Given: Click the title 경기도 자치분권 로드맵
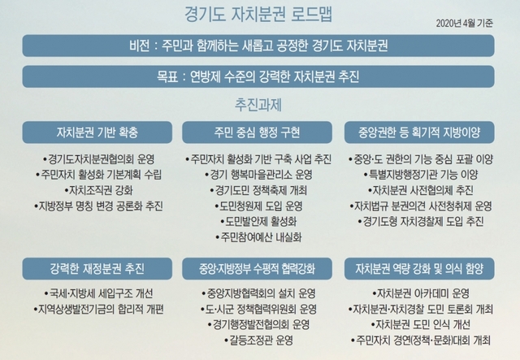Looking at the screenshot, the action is pos(258,15).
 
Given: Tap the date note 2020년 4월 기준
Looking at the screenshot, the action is pos(464,24).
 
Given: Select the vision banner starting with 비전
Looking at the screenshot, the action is pos(258,46).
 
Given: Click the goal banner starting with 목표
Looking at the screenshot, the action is pos(258,76).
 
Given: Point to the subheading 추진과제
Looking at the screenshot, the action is pos(258,105).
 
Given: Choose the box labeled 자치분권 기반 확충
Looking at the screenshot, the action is pos(97,132).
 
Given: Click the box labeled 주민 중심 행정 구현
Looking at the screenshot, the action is pos(257,132).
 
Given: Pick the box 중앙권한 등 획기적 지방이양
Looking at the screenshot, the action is pos(419,132).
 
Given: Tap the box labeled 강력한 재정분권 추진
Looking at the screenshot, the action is pos(97,268).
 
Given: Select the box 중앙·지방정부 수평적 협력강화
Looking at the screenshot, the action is pos(257,268).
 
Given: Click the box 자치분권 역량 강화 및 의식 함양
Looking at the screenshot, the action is pos(419,268).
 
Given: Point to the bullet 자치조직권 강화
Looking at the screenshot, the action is pos(98,190).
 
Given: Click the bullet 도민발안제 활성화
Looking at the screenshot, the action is pos(258,222).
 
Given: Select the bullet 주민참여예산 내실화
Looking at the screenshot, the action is pos(258,237).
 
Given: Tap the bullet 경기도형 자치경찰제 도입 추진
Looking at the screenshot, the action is pos(421,222).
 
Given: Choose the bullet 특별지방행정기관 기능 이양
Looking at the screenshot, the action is pos(421,175).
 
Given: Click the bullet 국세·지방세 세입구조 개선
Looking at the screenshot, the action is pos(98,293).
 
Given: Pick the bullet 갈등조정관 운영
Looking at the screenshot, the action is pos(258,340).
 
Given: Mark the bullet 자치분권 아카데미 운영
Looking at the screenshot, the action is pos(421,293).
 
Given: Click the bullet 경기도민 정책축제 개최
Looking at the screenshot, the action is pos(258,190).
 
